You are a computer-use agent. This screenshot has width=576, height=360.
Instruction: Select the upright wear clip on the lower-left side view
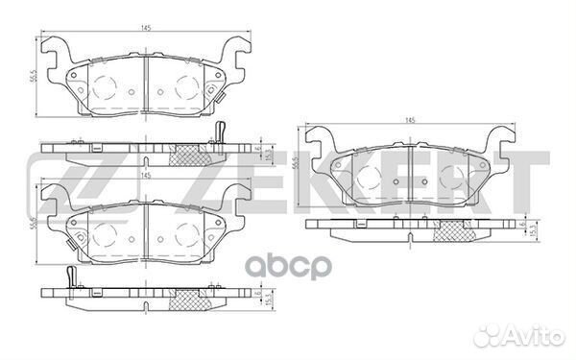[71, 276]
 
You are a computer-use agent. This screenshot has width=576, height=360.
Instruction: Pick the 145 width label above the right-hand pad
[410, 120]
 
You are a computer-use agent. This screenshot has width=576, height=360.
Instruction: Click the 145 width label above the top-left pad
[144, 28]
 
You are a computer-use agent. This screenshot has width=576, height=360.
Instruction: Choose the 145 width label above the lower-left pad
[145, 176]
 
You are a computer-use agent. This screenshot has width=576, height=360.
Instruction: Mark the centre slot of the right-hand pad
[410, 172]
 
